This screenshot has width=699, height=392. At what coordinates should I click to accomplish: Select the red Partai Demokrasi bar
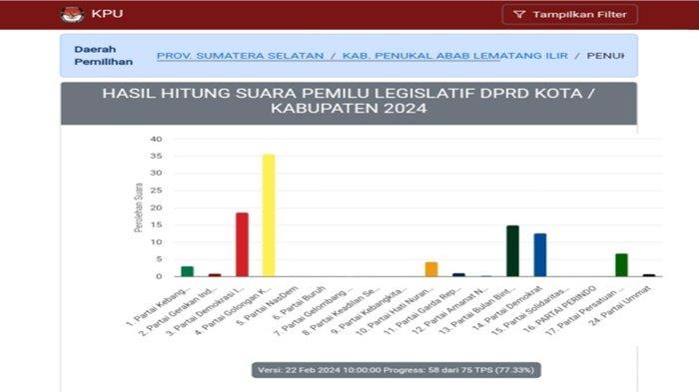(242, 244)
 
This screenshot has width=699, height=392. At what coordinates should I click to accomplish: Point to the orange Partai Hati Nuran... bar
(431, 268)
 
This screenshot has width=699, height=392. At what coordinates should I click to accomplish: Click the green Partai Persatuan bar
(621, 264)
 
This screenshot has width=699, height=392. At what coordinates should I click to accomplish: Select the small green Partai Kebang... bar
(188, 270)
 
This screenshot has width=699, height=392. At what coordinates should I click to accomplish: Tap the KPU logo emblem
(72, 15)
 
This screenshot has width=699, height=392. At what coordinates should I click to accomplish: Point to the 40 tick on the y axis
(156, 140)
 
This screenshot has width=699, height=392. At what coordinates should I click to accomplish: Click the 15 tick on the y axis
(156, 224)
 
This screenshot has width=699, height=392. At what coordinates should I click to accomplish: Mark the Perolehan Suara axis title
(137, 207)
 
